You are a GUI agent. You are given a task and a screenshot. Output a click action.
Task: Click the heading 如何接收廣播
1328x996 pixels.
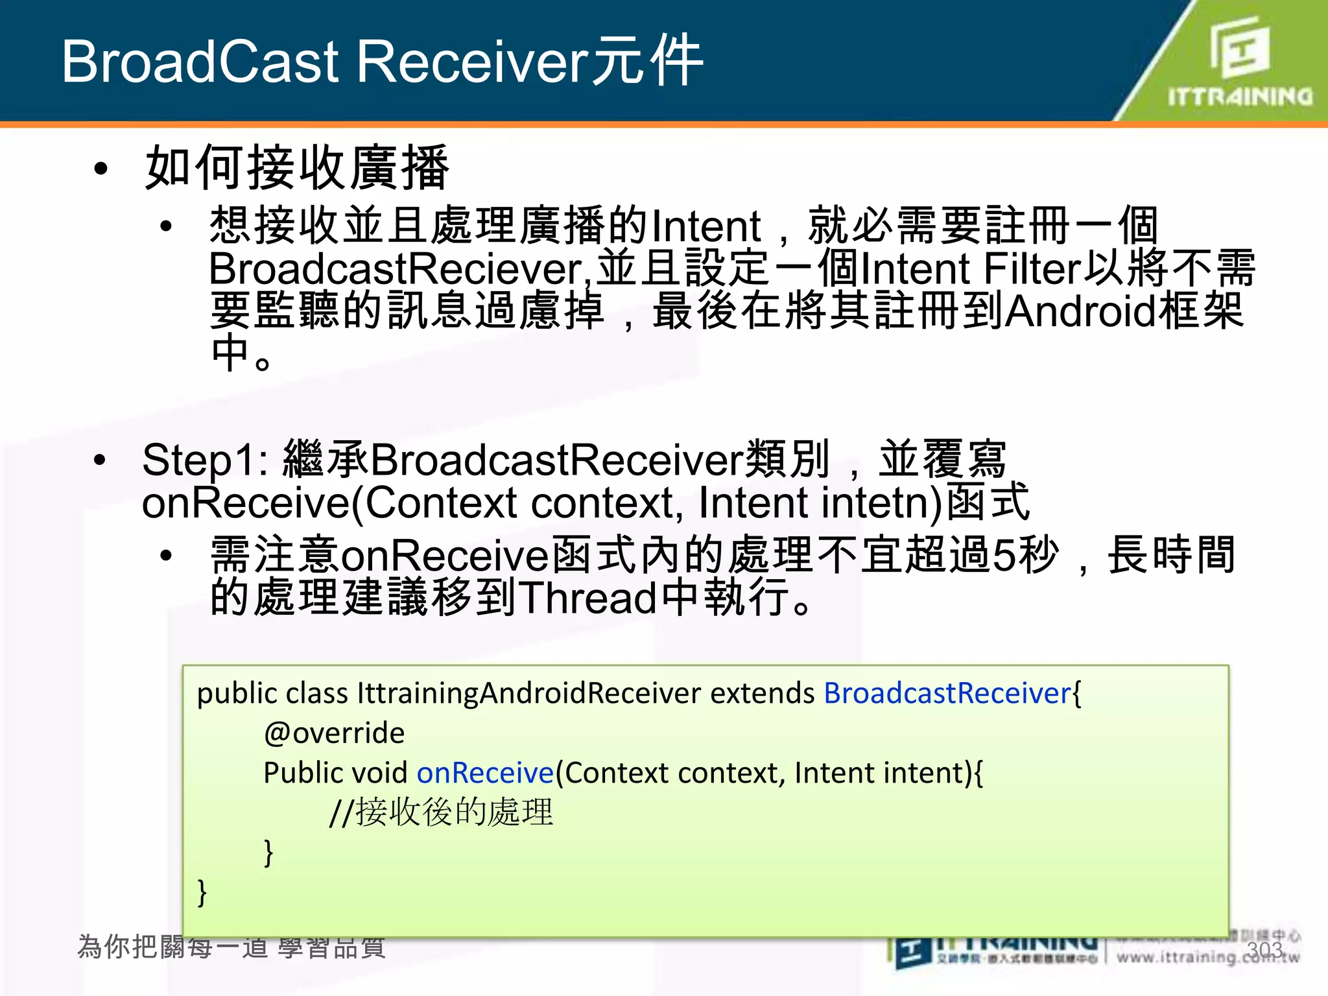coord(296,168)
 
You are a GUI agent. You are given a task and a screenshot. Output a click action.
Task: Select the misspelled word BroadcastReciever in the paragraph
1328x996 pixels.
coord(396,269)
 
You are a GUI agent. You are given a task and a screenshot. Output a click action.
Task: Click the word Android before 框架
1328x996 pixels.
coord(1080,312)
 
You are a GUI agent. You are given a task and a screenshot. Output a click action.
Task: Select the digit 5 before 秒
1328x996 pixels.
coord(1004,556)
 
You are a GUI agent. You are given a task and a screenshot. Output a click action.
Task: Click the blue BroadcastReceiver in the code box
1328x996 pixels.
coord(947,693)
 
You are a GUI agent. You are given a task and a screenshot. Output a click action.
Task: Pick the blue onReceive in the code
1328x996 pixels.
coord(485,773)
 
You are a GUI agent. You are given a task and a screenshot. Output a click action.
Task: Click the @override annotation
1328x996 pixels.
coord(334,733)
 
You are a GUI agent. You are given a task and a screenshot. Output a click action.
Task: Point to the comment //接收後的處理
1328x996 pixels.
coord(441,812)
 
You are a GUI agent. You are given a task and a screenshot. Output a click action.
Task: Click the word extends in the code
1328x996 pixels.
coord(762,693)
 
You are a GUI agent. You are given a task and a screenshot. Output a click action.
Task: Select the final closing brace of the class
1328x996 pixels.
coord(202,893)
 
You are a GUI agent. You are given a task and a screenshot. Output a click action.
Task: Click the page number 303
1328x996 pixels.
coord(1264,950)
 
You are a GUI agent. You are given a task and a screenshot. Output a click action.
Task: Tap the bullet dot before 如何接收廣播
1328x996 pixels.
coord(101,169)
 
